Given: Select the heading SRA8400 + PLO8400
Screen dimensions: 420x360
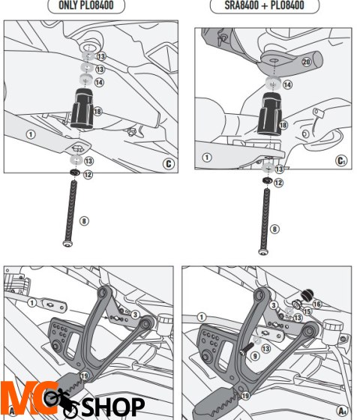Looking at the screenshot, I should click(x=268, y=5).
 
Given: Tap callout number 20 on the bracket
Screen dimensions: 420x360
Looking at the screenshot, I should click(x=306, y=61).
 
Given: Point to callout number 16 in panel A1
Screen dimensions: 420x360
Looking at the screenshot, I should click(x=315, y=304).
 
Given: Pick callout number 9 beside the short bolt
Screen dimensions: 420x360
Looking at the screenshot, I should click(x=256, y=355).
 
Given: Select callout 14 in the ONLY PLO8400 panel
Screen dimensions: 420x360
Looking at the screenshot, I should click(x=100, y=82).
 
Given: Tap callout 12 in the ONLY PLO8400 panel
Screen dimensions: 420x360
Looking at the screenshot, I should click(x=88, y=174).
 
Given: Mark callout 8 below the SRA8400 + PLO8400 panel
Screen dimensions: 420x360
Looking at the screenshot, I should click(x=274, y=229).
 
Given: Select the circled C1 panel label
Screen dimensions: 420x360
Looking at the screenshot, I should click(x=341, y=161).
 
